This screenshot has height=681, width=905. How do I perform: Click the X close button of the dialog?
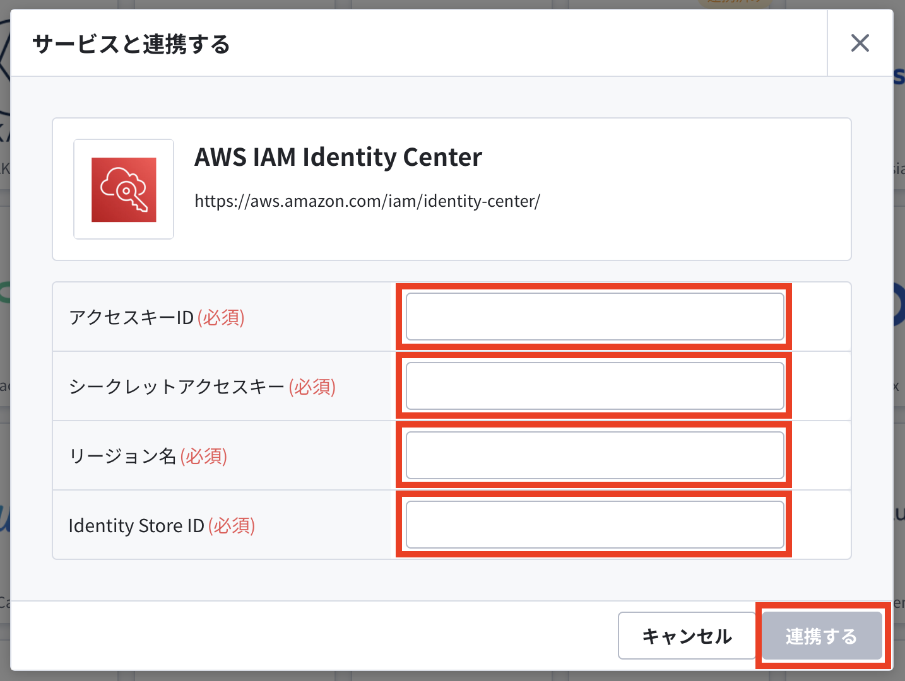coord(860,43)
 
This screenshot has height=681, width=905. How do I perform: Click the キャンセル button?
coord(687,636)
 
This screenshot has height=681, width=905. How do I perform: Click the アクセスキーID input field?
coord(594,317)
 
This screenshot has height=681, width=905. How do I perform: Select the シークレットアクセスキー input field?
coord(594,386)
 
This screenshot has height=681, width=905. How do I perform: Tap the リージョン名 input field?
coord(594,455)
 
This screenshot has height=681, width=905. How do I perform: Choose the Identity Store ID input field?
coord(594,525)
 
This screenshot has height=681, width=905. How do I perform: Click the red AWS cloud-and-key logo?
coord(124,190)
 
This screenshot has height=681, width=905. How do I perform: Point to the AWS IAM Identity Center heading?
coord(338,157)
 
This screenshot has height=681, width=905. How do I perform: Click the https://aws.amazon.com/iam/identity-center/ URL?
coord(367,201)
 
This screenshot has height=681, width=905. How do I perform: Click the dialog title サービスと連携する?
coord(131,44)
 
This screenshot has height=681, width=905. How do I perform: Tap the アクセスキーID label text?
coord(131,317)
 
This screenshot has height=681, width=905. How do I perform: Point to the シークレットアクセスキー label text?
coord(177,387)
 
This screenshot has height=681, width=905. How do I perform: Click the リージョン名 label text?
coord(122,456)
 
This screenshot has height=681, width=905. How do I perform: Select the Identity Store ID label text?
coord(136,526)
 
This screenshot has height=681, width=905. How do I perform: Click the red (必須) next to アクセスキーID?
coord(221,317)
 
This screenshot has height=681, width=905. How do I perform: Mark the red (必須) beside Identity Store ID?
coord(232,526)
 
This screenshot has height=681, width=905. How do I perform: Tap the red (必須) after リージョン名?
coord(204,456)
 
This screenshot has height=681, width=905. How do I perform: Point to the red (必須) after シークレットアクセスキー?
coord(312,387)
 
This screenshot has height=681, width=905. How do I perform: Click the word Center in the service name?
coord(442,157)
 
